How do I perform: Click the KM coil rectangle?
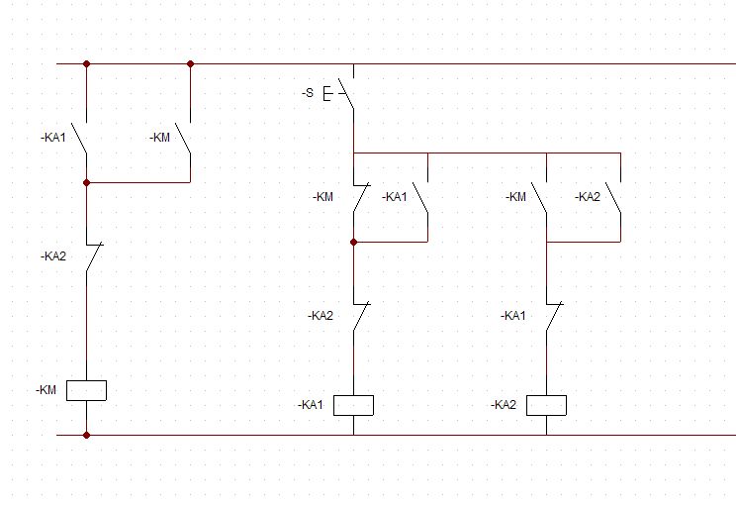tap(86, 390)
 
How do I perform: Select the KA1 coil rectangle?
tap(353, 405)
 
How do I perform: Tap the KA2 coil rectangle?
tap(546, 405)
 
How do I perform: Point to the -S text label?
tap(308, 93)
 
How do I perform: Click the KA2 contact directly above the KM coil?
tap(91, 256)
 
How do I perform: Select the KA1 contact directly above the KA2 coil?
tap(551, 316)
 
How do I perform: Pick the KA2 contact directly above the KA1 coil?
tap(358, 316)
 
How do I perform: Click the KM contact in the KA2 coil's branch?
tap(540, 197)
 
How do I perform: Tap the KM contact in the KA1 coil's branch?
tap(358, 197)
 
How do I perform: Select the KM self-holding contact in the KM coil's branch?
tap(184, 138)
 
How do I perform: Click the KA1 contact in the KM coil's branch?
tap(81, 138)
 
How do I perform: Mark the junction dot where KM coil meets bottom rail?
tap(86, 435)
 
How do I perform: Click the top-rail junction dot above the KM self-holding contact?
tap(190, 63)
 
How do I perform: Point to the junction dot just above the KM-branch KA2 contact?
tap(86, 182)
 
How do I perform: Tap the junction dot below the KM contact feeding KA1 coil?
tap(353, 242)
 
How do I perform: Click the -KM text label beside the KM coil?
tap(46, 390)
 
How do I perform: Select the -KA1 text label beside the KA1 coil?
tap(312, 405)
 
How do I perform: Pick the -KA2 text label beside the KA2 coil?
tap(505, 405)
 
